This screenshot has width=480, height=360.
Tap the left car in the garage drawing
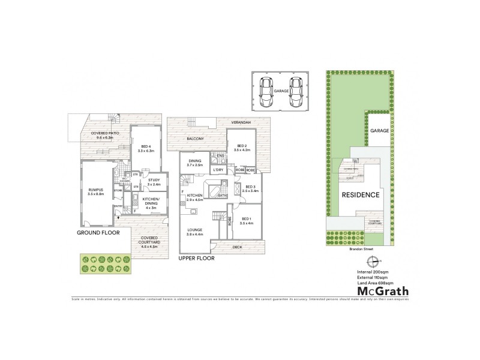click(x=265, y=91)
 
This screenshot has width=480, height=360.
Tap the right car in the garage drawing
click(x=293, y=91)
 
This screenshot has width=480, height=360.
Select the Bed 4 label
click(x=146, y=149)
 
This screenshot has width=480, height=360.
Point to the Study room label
click(x=153, y=181)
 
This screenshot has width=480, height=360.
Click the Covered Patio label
click(x=104, y=136)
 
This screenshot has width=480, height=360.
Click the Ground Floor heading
click(x=98, y=232)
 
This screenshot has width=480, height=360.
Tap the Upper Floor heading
click(x=196, y=259)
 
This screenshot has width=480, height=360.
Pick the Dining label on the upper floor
click(x=196, y=162)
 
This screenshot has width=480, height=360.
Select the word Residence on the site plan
click(x=360, y=195)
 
